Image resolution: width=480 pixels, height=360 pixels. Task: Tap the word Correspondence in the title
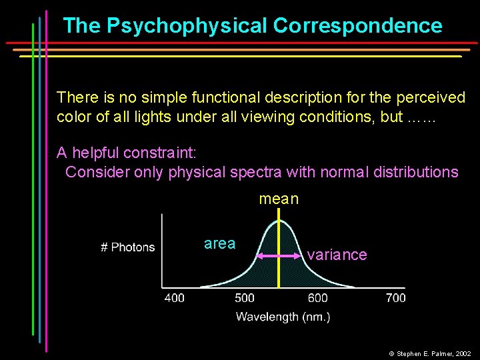357,26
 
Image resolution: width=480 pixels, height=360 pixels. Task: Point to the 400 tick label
175,297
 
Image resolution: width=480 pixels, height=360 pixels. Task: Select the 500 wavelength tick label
245,297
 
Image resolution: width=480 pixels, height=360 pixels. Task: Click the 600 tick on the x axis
318,297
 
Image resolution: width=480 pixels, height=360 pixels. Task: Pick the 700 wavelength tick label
395,297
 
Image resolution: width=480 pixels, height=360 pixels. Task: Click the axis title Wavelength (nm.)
283,317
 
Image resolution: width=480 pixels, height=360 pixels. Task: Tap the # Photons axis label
127,247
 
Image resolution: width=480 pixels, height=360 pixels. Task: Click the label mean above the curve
279,199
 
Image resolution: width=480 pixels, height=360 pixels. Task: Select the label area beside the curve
219,243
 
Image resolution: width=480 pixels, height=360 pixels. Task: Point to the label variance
337,255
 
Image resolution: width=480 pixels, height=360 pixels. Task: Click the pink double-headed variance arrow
278,255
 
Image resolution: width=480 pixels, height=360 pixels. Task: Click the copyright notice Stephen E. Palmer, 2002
433,353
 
